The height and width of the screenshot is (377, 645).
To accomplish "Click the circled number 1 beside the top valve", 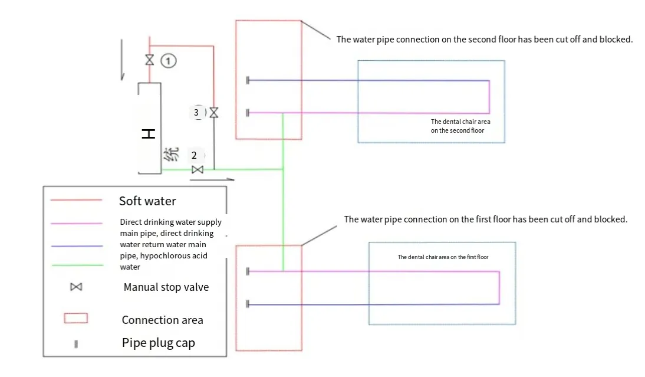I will pyautogui.click(x=169, y=60).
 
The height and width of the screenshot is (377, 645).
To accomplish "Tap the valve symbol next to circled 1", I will pyautogui.click(x=150, y=60).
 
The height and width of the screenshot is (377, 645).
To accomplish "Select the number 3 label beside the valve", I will pyautogui.click(x=196, y=112).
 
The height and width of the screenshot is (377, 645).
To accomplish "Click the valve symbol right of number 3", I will pyautogui.click(x=213, y=112).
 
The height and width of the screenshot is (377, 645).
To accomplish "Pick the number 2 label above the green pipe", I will pyautogui.click(x=194, y=156).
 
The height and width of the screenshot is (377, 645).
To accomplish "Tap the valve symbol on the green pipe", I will pyautogui.click(x=198, y=170).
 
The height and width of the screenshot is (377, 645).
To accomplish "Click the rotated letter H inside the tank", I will pyautogui.click(x=149, y=134).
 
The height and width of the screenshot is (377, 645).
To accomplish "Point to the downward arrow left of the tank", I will pyautogui.click(x=122, y=59).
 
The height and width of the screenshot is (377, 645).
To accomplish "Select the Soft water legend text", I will pyautogui.click(x=147, y=201).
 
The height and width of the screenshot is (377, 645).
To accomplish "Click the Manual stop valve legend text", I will pyautogui.click(x=166, y=287).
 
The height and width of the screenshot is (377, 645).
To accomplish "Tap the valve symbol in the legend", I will pyautogui.click(x=75, y=287).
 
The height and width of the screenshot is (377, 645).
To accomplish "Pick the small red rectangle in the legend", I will pyautogui.click(x=75, y=319).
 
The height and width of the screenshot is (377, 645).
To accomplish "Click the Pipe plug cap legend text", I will pyautogui.click(x=158, y=343).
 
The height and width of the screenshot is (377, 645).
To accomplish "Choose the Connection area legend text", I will pyautogui.click(x=162, y=320).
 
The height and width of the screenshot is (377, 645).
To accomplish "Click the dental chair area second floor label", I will pyautogui.click(x=460, y=126).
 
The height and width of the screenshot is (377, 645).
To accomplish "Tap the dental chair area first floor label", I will pyautogui.click(x=443, y=257).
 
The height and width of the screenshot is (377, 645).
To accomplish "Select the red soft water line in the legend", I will pyautogui.click(x=76, y=200).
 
